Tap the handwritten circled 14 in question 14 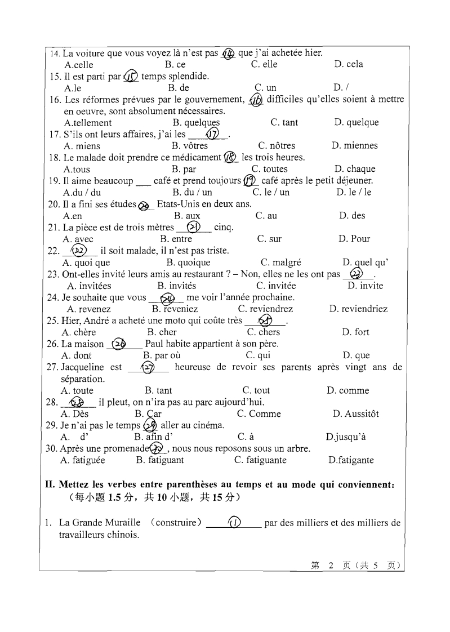click(228, 54)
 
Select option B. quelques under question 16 click(196, 122)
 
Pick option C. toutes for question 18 click(269, 169)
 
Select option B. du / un click(192, 192)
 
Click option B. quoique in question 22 click(188, 262)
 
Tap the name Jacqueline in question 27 click(83, 367)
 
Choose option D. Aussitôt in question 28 click(355, 414)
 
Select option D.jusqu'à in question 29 click(346, 437)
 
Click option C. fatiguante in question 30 click(260, 460)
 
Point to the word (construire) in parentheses click(176, 523)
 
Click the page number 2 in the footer click(331, 566)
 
